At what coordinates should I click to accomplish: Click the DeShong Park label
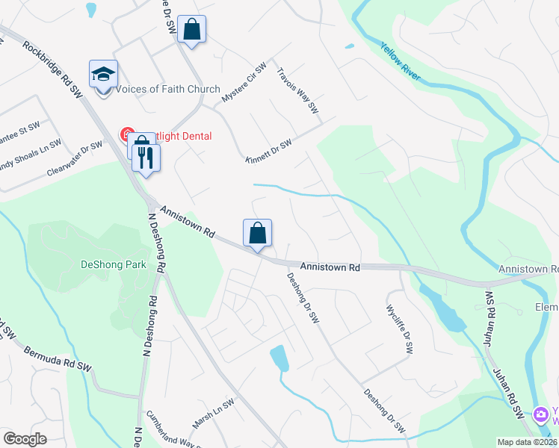[x=113, y=264]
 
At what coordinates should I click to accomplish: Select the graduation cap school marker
[x=104, y=74]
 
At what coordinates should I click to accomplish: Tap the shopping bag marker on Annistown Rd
[x=257, y=233]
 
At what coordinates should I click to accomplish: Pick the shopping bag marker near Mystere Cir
[x=192, y=30]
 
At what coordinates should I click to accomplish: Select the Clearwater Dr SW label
[x=74, y=158]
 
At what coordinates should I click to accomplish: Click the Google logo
[x=25, y=439]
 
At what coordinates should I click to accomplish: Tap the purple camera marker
[x=540, y=414]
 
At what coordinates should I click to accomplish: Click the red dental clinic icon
[x=128, y=135]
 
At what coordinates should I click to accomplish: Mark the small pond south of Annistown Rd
[x=279, y=358]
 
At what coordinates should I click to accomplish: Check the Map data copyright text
[x=527, y=442]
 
